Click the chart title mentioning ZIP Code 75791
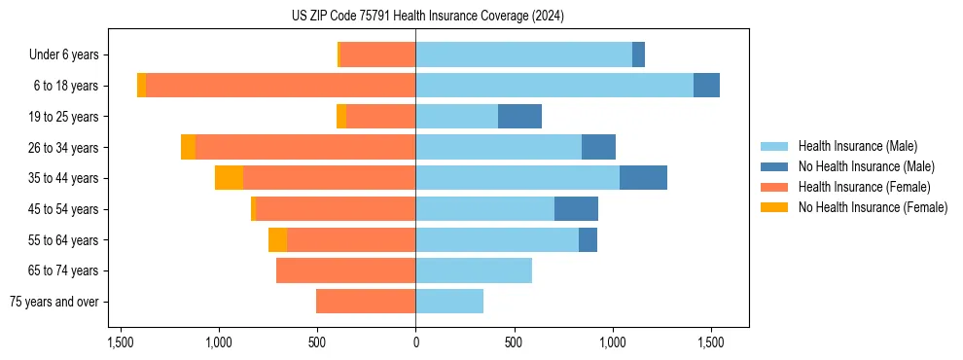427,16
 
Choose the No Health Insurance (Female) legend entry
873,207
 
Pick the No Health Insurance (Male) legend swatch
775,166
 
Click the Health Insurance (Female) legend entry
864,187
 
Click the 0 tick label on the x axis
415,342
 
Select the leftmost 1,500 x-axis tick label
121,342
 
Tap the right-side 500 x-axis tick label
515,342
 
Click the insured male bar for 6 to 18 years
554,86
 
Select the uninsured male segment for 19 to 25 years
519,117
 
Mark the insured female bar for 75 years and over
366,302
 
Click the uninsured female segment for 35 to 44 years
229,178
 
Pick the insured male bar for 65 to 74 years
474,270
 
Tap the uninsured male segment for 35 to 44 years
643,178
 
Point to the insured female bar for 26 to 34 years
305,147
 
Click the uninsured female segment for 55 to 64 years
277,239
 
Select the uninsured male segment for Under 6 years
638,54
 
